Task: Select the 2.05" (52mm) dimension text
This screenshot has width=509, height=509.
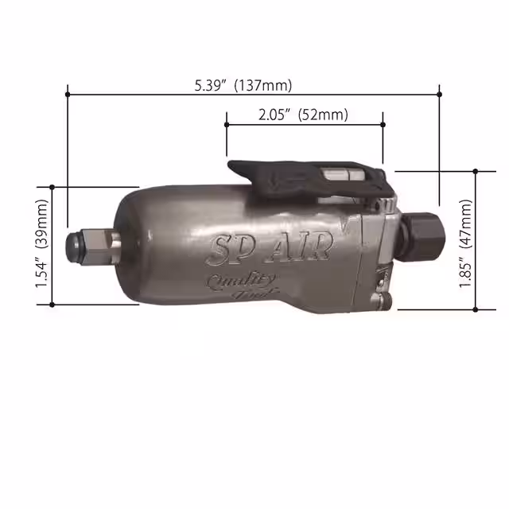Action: pos(304,115)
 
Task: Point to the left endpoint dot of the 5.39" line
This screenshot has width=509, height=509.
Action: pos(68,94)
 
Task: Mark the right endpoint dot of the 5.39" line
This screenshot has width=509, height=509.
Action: pos(440,94)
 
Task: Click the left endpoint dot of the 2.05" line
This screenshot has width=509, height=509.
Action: pos(227,124)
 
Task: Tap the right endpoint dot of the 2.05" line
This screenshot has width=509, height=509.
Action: pos(383,124)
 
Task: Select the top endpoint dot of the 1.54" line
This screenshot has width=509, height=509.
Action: pos(52,188)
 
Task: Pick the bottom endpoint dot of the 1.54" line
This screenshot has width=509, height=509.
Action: pos(52,303)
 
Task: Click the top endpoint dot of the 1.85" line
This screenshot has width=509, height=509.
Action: pos(476,170)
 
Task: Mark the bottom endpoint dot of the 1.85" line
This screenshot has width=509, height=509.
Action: pos(476,309)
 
